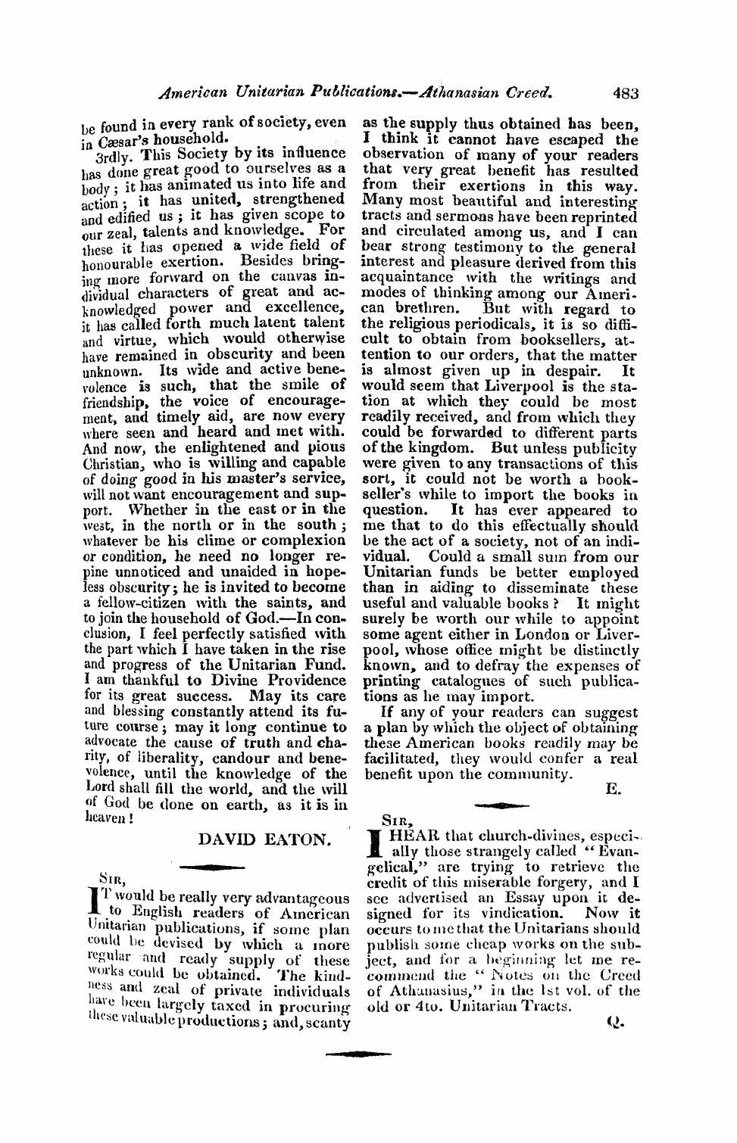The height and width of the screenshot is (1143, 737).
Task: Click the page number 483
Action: pos(626,94)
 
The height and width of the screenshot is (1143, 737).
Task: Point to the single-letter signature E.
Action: pos(614,789)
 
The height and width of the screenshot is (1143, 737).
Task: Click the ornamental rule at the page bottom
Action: pos(359,1053)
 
